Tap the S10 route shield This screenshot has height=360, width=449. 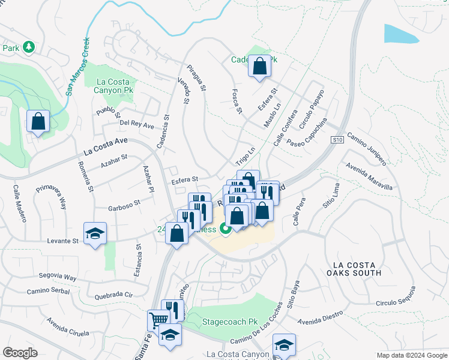338,139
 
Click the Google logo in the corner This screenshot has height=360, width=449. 20,352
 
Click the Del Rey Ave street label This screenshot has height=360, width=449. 137,125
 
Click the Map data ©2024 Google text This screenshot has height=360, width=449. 411,355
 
